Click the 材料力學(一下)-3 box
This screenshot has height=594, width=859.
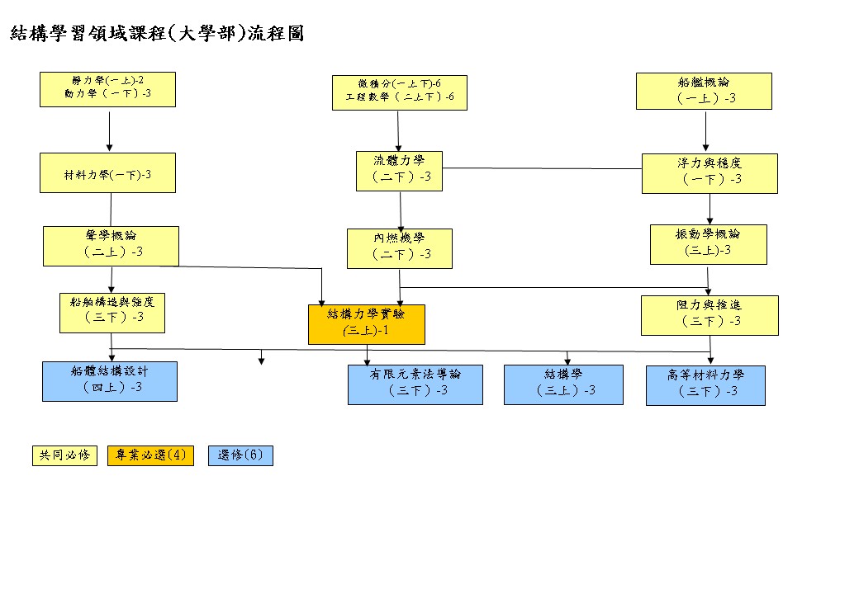pos(107,173)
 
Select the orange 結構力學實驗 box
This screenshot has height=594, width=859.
pos(366,324)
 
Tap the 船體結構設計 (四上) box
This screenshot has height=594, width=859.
pos(109,380)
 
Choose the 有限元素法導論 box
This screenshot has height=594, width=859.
pos(415,384)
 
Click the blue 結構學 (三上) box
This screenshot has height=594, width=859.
pos(563,384)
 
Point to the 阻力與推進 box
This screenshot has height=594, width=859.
pos(710,315)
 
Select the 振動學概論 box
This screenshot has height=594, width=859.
pos(708,244)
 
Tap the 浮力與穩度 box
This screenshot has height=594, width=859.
pos(710,173)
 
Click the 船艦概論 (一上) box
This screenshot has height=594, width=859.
pos(704,91)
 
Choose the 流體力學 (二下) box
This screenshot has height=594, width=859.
pos(401,171)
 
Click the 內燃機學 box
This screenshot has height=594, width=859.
pos(399,248)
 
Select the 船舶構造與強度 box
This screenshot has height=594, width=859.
pos(112,312)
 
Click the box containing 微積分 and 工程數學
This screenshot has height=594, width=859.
pos(399,92)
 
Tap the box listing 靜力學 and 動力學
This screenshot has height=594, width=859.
pos(107,89)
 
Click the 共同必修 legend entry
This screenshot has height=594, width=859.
pos(64,455)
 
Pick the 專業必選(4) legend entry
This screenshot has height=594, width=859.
pos(150,455)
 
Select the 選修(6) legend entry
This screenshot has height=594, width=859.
pos(240,455)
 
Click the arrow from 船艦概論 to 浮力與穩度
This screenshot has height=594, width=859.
pos(705,132)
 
